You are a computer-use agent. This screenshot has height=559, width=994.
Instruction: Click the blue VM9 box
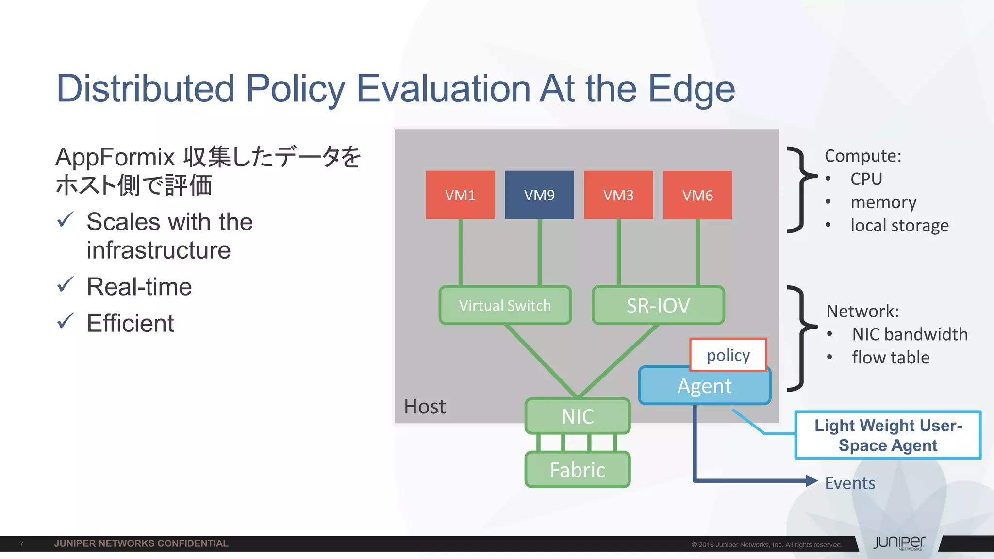click(x=539, y=195)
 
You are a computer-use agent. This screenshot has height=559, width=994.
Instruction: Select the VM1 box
click(x=460, y=195)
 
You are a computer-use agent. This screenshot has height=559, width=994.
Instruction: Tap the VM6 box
click(x=697, y=195)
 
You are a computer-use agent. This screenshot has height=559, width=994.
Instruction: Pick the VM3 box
click(x=618, y=195)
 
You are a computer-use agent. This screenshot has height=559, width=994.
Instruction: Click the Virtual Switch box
click(x=505, y=305)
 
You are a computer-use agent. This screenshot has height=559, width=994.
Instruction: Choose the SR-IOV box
click(x=658, y=305)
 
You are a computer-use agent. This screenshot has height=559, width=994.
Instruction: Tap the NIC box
click(x=578, y=416)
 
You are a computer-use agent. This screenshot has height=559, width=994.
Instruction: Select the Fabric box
click(x=578, y=470)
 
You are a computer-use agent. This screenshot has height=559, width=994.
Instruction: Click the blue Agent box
click(x=704, y=386)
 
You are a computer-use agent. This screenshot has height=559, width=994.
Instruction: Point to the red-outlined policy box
click(x=728, y=355)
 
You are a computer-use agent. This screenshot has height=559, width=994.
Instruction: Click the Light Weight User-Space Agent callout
click(x=888, y=435)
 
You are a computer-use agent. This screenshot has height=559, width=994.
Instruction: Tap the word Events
click(x=850, y=483)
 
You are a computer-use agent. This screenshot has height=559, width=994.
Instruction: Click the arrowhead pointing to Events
click(x=811, y=481)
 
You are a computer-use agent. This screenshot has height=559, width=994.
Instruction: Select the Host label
click(x=425, y=407)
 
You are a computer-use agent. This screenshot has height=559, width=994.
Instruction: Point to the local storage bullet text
click(x=899, y=225)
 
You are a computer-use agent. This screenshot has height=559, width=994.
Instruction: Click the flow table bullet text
click(x=891, y=358)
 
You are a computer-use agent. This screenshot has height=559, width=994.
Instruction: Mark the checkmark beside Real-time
click(x=65, y=285)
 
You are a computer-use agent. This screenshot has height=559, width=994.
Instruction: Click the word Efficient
click(x=130, y=323)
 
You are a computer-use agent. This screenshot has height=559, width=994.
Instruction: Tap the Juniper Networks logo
click(x=899, y=543)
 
